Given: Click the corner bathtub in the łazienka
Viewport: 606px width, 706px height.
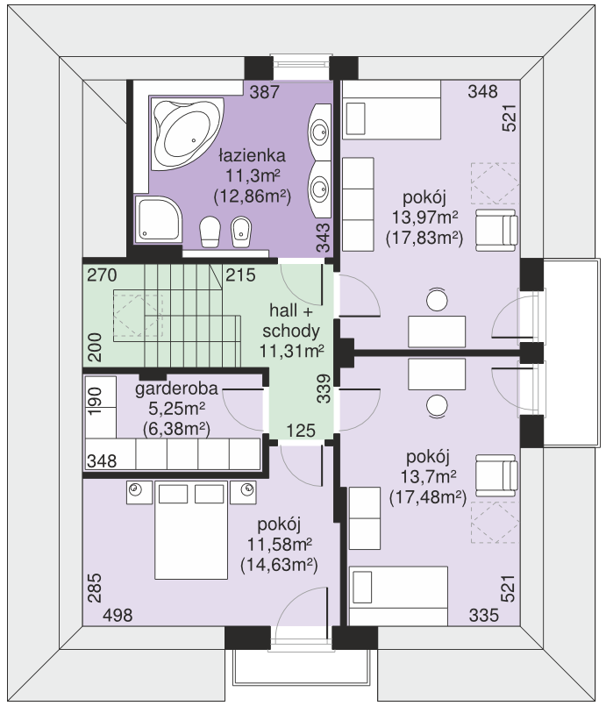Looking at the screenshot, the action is (x=187, y=134).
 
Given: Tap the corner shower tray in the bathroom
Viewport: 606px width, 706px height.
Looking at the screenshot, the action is (x=158, y=219).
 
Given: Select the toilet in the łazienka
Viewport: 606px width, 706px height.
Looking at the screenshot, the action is (x=210, y=232).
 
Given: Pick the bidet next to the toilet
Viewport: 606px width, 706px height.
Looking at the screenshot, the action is (x=241, y=232).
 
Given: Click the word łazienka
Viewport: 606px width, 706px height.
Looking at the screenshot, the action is (x=252, y=155).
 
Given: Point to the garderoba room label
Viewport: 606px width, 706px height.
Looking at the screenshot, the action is (x=176, y=389).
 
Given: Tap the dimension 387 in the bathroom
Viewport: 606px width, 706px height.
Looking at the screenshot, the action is (x=265, y=92).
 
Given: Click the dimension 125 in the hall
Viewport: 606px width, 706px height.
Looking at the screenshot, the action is (x=301, y=431).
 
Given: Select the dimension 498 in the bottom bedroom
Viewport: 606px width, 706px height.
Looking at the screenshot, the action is (x=118, y=615).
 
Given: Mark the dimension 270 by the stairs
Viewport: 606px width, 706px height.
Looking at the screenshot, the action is (x=103, y=275).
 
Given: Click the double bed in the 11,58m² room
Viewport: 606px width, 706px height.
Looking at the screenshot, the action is (x=191, y=530).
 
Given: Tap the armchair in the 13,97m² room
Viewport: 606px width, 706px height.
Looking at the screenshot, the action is (x=496, y=230).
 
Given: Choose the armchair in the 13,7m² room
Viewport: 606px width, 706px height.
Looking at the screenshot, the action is (x=496, y=475).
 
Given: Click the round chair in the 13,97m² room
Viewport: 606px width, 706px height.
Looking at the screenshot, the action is (x=437, y=299).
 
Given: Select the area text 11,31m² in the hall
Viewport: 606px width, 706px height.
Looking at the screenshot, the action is (x=292, y=351).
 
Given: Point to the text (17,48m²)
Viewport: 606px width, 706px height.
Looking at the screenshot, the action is (x=428, y=497).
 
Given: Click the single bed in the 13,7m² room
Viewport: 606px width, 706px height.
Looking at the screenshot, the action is (x=398, y=595).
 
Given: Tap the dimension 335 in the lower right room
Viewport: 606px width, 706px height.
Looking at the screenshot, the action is (x=484, y=615).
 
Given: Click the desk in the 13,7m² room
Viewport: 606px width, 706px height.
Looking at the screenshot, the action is (x=437, y=374).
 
